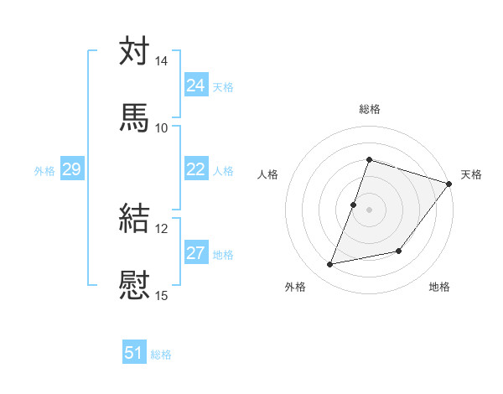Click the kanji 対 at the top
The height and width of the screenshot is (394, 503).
[x=134, y=51]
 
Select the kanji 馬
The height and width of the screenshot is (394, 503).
[x=134, y=117]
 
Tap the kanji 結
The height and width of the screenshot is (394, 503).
[x=134, y=217]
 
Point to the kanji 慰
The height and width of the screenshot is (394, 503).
[x=134, y=283]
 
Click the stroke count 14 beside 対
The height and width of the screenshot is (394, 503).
[x=162, y=61]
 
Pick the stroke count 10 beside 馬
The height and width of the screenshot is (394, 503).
[x=162, y=127]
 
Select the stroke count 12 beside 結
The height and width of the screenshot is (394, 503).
[x=162, y=228]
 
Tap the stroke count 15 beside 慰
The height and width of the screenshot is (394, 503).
[x=162, y=295]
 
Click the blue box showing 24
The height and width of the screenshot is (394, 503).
[x=196, y=86]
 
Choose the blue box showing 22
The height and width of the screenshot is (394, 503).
[x=196, y=169]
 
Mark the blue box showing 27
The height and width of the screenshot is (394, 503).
[x=196, y=253]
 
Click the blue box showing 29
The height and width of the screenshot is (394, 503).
[x=72, y=169]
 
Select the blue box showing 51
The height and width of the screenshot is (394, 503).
[x=134, y=354]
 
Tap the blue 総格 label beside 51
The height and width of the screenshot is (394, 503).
[x=161, y=355]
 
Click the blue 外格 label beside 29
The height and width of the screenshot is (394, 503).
[x=44, y=171]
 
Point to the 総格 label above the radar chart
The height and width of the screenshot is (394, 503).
[x=369, y=109]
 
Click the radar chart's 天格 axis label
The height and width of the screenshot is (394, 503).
[x=471, y=174]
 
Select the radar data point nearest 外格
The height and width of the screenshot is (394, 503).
[x=330, y=265]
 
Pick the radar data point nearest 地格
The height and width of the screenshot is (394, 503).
[x=399, y=251]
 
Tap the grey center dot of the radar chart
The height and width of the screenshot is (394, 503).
[x=369, y=210]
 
